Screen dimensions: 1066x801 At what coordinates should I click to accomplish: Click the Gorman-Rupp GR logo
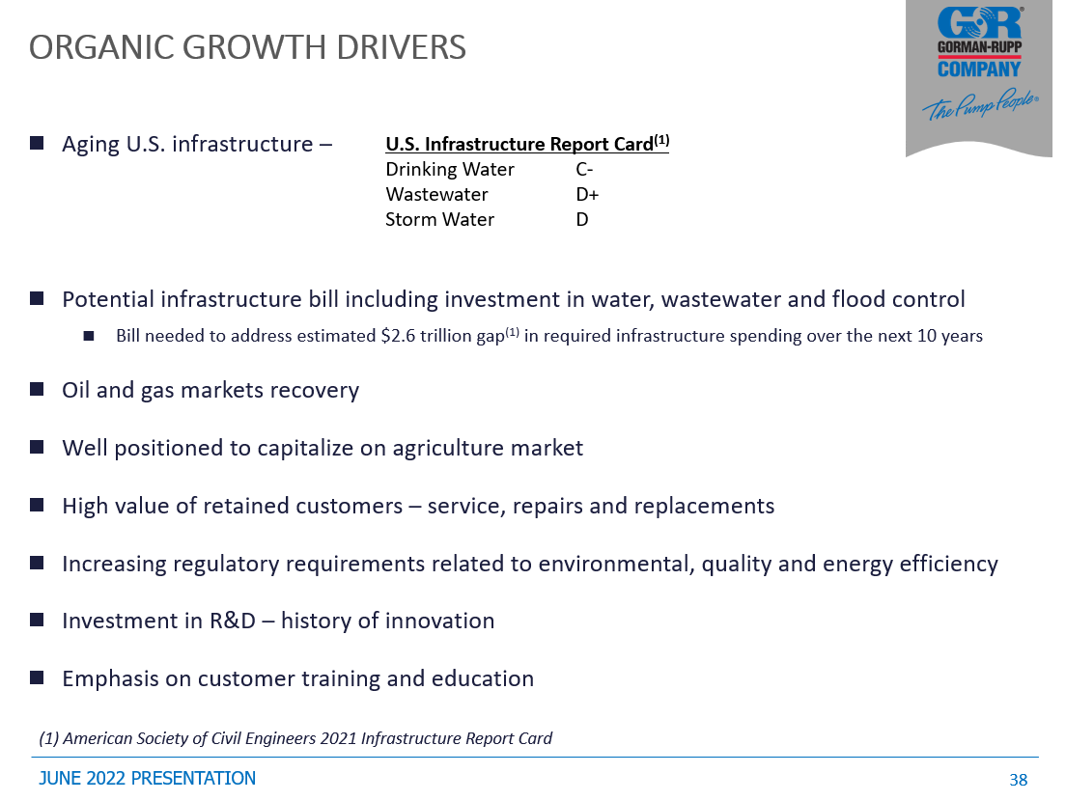[979, 23]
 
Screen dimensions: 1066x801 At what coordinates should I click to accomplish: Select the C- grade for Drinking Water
[584, 169]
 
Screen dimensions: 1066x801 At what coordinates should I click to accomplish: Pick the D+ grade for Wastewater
[587, 194]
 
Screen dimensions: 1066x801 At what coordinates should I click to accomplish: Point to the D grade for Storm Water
[582, 219]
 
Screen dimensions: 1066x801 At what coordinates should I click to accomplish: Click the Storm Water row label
[440, 219]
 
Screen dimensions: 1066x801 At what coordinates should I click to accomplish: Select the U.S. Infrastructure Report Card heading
[527, 144]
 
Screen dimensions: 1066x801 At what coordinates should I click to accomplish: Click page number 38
[1019, 780]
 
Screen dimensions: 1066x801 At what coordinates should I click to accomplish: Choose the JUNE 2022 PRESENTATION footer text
[148, 779]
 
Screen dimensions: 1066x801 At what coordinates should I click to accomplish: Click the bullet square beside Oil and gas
[37, 389]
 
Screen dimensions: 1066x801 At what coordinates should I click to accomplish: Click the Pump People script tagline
[980, 105]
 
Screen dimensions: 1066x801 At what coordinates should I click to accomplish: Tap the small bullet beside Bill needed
[89, 336]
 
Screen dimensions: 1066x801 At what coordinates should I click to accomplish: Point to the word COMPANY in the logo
[979, 69]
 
